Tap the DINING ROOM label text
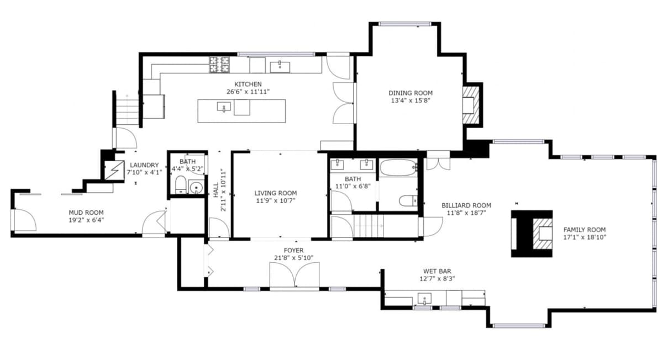[x=410, y=93]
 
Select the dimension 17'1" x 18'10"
[x=584, y=238]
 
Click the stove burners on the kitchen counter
[x=219, y=65]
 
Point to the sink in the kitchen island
[x=224, y=107]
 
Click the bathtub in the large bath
[x=398, y=167]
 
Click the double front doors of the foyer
[x=294, y=275]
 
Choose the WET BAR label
[x=437, y=271]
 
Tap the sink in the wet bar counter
[x=424, y=300]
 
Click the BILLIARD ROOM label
[x=466, y=205]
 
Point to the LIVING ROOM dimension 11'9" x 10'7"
[x=275, y=201]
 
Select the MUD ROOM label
[x=86, y=212]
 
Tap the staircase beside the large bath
[x=367, y=225]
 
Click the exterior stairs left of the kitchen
[x=125, y=110]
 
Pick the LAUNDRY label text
[x=144, y=165]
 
